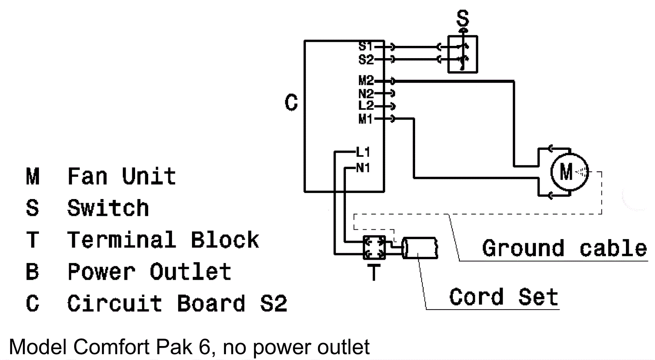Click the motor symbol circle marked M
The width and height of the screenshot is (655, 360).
569,172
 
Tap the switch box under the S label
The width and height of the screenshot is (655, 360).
463,54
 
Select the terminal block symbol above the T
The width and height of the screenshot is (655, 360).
374,247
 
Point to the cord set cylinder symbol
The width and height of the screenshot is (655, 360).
420,248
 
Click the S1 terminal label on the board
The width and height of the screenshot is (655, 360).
365,46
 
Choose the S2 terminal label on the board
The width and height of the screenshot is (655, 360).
366,60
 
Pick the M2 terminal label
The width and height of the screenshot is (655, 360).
366,81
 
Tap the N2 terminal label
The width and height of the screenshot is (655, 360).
366,94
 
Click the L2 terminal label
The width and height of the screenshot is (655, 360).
366,106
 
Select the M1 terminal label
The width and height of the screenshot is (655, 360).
365,119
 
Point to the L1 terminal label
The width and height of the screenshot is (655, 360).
363,152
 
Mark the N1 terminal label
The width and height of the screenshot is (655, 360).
363,168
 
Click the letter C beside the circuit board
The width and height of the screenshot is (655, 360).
291,102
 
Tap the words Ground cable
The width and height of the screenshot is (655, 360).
564,248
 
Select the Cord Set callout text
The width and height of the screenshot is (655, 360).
504,297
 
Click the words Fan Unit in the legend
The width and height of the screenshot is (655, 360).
122,177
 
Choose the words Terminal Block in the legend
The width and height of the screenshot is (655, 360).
163,240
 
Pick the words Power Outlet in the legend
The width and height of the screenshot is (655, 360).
149,272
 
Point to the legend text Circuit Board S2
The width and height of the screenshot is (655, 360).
177,303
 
